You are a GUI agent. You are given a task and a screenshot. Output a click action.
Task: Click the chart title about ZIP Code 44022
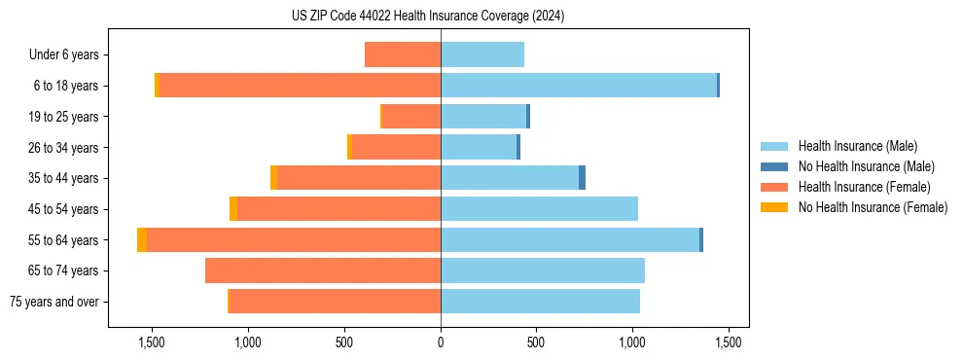pyautogui.click(x=428, y=16)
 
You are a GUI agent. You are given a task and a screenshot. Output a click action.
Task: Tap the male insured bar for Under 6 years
pyautogui.click(x=482, y=54)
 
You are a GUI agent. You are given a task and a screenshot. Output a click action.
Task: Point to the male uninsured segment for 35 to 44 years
pyautogui.click(x=582, y=178)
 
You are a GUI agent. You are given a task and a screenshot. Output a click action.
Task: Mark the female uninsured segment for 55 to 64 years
pyautogui.click(x=142, y=239)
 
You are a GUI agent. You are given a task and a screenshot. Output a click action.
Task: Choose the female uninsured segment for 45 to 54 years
pyautogui.click(x=233, y=209)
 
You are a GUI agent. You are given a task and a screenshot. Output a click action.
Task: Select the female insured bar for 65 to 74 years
pyautogui.click(x=323, y=270)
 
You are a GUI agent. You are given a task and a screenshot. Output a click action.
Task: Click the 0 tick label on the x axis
pyautogui.click(x=441, y=342)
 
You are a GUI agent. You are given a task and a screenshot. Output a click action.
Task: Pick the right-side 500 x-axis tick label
pyautogui.click(x=537, y=342)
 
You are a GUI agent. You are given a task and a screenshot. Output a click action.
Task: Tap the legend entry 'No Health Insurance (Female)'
pyautogui.click(x=873, y=207)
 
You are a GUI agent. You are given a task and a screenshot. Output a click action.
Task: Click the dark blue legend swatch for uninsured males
pyautogui.click(x=774, y=166)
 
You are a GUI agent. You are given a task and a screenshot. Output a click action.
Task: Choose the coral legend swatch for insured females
pyautogui.click(x=774, y=187)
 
